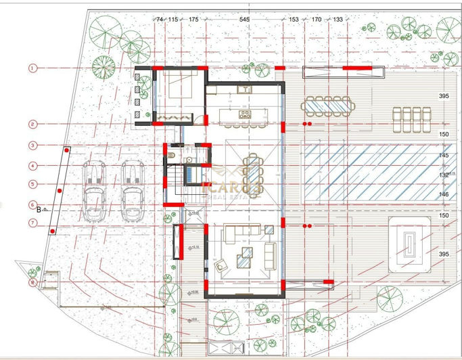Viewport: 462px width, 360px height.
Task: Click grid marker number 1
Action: coord(31,68)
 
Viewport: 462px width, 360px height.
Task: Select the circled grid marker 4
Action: coord(31,165)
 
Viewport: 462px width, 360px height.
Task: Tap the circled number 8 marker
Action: coord(31,282)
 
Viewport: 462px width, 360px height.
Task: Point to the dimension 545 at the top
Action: coord(244,20)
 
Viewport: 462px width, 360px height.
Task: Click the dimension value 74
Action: coord(160,20)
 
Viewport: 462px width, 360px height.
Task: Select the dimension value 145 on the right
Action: coord(444,156)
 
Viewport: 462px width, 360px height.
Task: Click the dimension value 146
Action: coord(444,194)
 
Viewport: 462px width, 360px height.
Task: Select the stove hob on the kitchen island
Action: coord(245,114)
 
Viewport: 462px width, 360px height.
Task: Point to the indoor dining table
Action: coord(252,172)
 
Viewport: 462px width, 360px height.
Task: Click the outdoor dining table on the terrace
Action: coord(327,106)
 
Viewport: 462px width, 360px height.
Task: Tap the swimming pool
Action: coord(369,172)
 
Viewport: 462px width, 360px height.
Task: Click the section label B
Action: coord(39,209)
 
